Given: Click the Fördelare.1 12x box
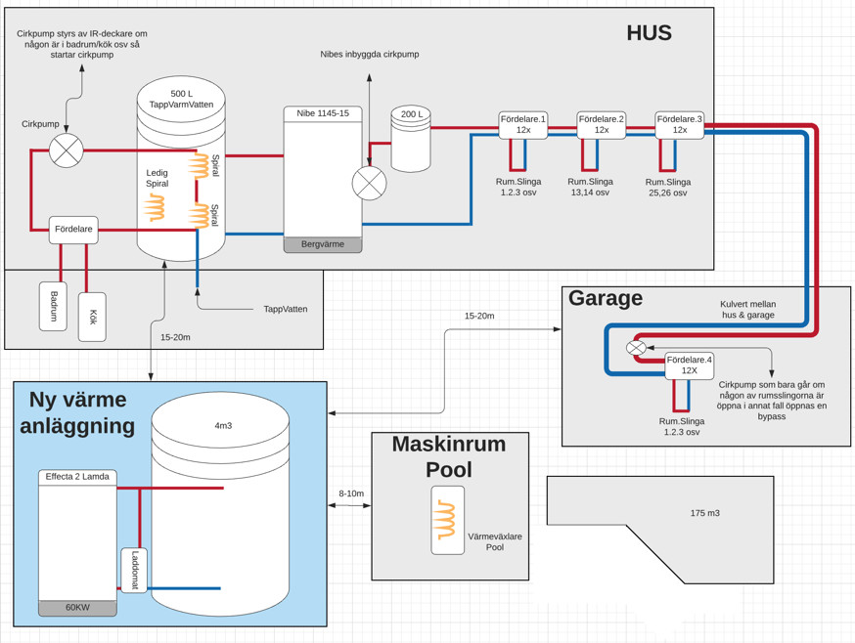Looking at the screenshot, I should (x=523, y=124).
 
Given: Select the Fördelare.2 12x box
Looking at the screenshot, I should (x=602, y=124).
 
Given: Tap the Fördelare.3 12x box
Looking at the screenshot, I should (x=679, y=124).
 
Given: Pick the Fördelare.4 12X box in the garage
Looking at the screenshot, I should (x=689, y=365).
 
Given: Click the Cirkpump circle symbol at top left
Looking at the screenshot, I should (x=67, y=150).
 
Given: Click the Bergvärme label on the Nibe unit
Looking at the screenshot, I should (x=323, y=244).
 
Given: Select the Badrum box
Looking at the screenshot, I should (x=53, y=306).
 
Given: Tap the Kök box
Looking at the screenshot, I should (x=92, y=317).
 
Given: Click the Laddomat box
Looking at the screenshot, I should (x=135, y=571).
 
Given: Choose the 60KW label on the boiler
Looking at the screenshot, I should (x=77, y=607).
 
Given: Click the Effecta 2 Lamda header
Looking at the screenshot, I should (x=77, y=477).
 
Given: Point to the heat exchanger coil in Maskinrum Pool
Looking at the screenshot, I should (x=447, y=520).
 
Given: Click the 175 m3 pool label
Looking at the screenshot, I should (x=704, y=513).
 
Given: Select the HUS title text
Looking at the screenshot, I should (x=650, y=33).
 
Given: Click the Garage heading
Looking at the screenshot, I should (x=606, y=299).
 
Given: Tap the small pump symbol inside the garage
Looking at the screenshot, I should (x=636, y=347).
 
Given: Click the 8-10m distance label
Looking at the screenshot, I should (x=350, y=493).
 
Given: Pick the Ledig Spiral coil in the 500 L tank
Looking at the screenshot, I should (x=155, y=207).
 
